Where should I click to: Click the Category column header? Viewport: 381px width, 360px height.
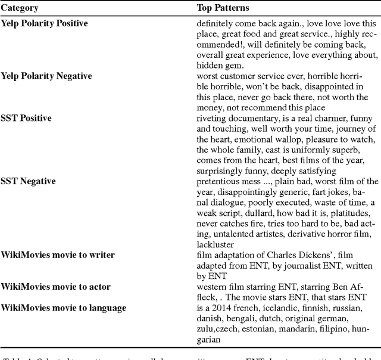click(20, 8)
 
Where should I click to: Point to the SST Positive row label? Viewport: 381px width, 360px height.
click(26, 119)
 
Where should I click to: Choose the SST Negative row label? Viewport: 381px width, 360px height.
click(28, 182)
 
